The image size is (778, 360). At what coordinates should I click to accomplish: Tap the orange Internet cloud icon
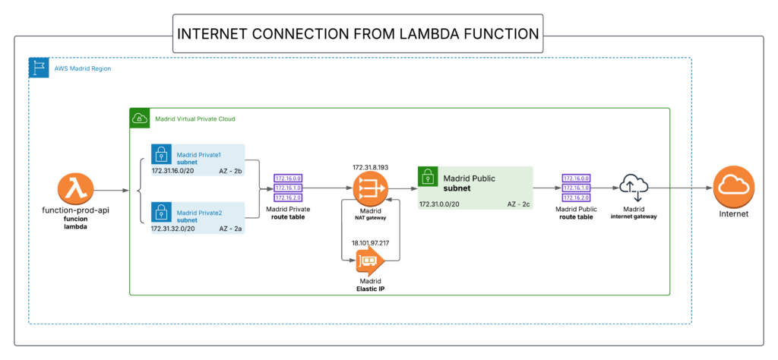(733, 185)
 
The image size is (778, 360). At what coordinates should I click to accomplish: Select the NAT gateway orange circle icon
(370, 185)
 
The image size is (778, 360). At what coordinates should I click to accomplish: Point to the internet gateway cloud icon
(633, 185)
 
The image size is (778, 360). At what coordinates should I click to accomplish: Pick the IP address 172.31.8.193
(371, 166)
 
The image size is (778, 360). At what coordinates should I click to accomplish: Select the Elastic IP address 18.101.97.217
(371, 242)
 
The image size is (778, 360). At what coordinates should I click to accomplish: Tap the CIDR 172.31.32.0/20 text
(174, 228)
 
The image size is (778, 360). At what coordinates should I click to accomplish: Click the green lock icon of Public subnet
(427, 177)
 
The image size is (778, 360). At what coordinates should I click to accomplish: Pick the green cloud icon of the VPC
(139, 118)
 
